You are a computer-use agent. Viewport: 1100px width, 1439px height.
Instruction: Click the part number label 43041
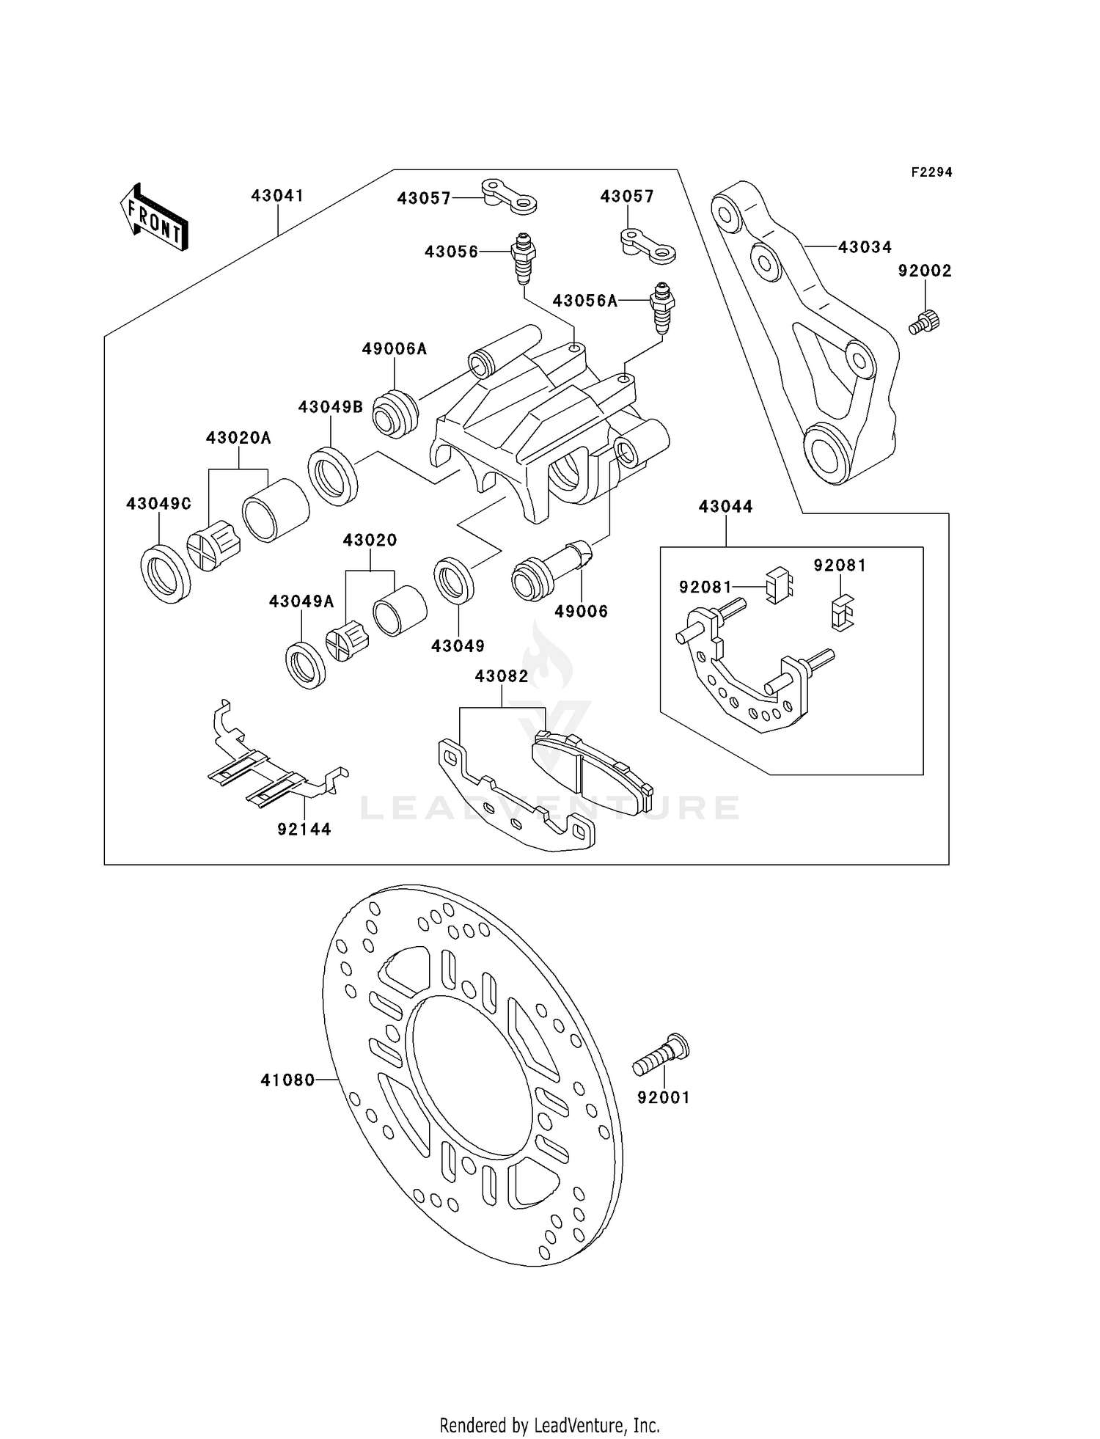coord(277,196)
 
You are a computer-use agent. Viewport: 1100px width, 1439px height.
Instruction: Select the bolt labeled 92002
coord(925,321)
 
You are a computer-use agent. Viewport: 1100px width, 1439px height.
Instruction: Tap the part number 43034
coord(865,247)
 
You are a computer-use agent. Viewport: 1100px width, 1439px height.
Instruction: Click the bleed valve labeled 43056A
coord(661,308)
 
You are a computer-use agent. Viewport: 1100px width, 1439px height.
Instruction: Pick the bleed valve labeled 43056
coord(523,257)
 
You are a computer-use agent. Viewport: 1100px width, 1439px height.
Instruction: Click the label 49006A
coord(394,349)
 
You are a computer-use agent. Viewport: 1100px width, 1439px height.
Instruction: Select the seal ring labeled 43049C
coord(165,574)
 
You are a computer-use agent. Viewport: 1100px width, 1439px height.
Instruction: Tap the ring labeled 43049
coord(453,582)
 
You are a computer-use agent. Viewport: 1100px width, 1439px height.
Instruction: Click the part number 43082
coord(502,676)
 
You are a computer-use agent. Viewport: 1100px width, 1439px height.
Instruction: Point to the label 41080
coord(287,1080)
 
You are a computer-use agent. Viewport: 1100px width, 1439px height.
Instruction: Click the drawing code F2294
coord(931,172)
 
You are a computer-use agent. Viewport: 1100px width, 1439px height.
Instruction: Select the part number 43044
coord(725,507)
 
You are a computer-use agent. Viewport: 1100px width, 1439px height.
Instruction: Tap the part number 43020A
coord(238,438)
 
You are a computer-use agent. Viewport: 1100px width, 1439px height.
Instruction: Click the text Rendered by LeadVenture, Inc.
coord(549,1425)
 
